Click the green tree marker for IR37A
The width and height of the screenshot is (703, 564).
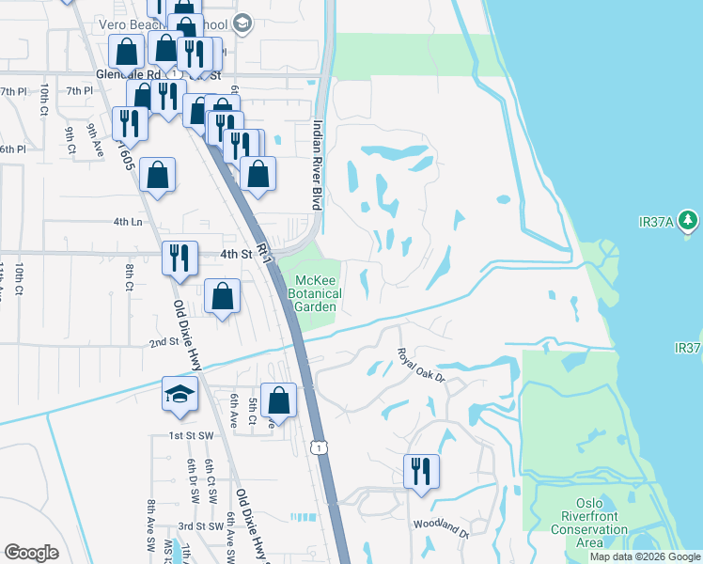click(689, 221)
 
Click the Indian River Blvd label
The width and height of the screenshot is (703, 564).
click(317, 164)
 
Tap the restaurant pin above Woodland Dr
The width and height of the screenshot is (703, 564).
click(421, 470)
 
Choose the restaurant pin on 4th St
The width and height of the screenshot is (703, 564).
click(179, 257)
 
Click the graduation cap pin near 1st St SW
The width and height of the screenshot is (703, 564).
click(180, 395)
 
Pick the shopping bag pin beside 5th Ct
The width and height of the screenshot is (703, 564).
click(278, 400)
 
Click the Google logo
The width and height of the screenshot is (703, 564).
click(31, 553)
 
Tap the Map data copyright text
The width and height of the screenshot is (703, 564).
click(645, 556)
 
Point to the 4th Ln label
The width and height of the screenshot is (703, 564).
click(128, 222)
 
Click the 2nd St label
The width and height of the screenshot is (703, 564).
click(164, 342)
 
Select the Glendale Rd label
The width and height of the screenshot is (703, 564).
click(128, 72)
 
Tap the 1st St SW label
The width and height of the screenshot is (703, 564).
click(191, 436)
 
